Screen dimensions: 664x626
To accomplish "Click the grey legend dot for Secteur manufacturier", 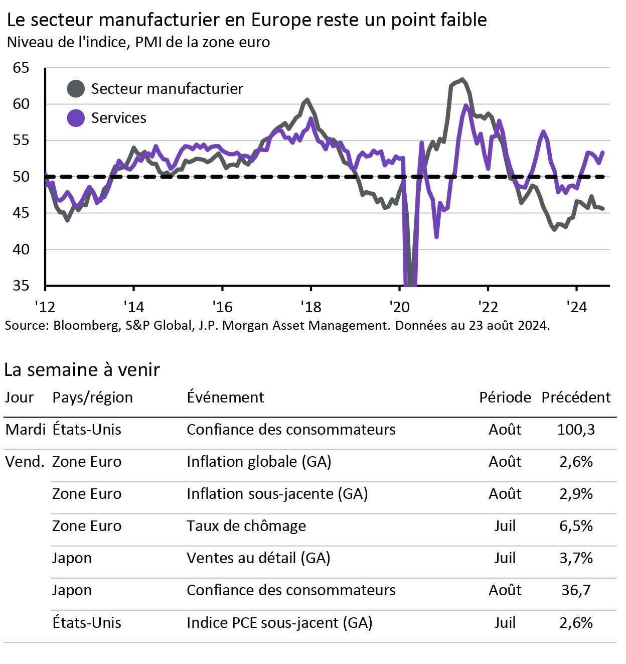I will point(76,89).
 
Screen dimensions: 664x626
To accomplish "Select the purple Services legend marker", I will point(76,118).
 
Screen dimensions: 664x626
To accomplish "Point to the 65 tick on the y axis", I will point(21,68).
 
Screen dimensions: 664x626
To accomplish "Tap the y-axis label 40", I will point(21,249).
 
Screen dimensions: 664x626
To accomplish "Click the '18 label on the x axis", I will point(310,307).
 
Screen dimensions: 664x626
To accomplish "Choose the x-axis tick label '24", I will point(576,307).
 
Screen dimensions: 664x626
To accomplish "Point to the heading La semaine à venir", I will point(82,370).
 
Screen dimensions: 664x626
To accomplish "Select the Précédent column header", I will point(576,397).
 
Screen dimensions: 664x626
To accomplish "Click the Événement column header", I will point(225,397).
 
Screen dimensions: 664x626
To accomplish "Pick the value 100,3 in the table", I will point(576,430).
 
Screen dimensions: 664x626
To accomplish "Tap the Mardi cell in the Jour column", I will point(25,430).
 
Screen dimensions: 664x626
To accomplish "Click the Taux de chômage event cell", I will point(246,526).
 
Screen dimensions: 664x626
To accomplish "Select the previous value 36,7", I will point(576,590).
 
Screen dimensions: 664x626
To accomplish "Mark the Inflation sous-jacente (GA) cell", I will point(277,494).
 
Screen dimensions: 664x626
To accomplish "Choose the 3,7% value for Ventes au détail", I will point(576,558).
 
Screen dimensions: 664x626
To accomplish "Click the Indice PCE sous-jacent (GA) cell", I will point(279,623).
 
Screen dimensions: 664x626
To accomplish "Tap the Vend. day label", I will point(25,462).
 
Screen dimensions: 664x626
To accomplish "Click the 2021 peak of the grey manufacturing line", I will point(462,79).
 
